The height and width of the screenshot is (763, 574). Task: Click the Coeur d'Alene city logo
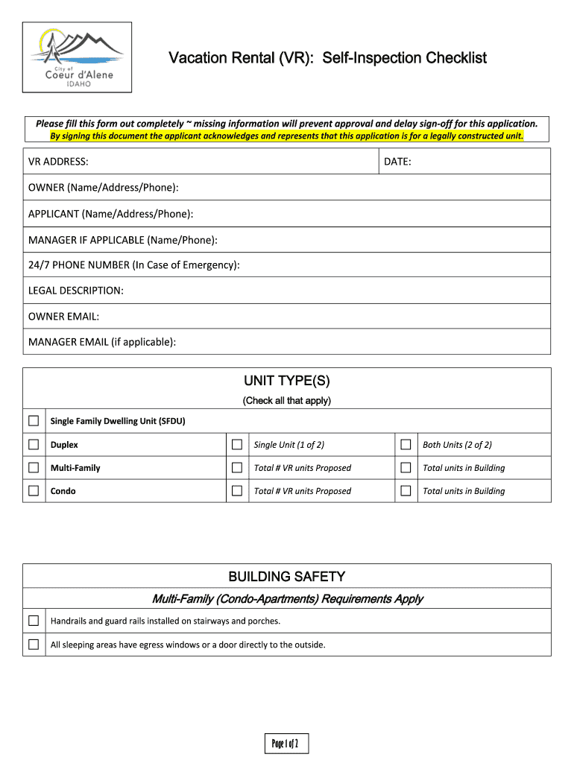[77, 57]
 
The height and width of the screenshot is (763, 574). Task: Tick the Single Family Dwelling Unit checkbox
[34, 421]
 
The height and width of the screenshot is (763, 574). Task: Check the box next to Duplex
[34, 445]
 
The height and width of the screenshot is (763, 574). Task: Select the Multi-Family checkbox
[34, 468]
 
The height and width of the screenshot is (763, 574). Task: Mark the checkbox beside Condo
[34, 491]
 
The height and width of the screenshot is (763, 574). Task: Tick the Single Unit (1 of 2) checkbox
[237, 445]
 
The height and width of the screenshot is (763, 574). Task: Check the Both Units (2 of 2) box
[406, 445]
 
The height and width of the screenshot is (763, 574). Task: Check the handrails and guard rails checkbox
[34, 621]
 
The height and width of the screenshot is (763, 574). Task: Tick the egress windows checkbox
[34, 645]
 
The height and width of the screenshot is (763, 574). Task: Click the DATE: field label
[397, 162]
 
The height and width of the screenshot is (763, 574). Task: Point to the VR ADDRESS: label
[59, 162]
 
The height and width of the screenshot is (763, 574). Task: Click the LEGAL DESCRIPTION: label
[76, 291]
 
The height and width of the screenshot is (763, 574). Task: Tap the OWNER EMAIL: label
[63, 316]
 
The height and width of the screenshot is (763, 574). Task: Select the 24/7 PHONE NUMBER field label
[133, 265]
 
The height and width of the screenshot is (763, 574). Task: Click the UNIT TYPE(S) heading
[287, 381]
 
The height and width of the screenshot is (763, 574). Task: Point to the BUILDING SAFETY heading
[287, 577]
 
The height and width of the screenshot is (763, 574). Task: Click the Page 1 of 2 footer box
[287, 744]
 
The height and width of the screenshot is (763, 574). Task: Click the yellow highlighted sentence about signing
[287, 136]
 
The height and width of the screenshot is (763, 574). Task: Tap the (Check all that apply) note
[287, 401]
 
